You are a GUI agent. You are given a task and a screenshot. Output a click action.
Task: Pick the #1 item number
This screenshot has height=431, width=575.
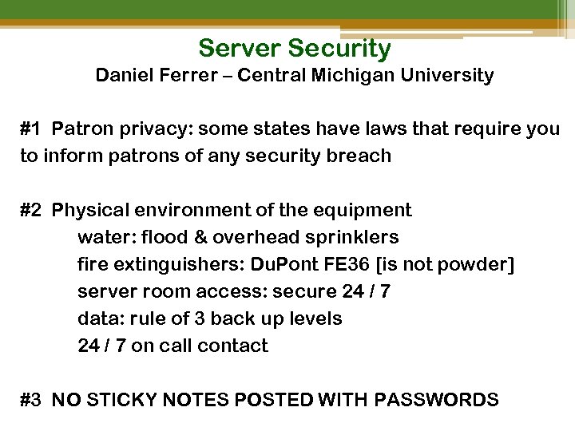click(x=31, y=129)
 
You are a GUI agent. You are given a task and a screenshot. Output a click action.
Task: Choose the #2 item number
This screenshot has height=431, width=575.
click(x=31, y=211)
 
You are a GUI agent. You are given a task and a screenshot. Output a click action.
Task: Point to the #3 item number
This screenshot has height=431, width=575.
click(x=31, y=400)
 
